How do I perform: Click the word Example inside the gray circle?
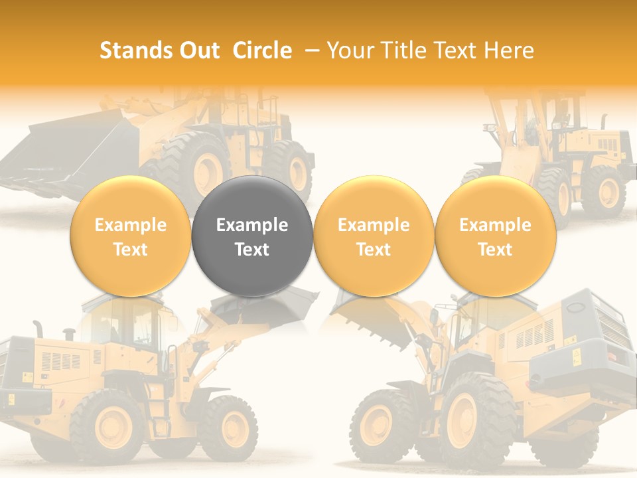click(x=252, y=225)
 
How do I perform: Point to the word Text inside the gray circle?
click(x=252, y=250)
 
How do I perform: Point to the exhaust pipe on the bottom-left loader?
click(x=38, y=329)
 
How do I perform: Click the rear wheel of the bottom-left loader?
click(x=109, y=425)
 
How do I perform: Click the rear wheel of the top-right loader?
click(x=603, y=193)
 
